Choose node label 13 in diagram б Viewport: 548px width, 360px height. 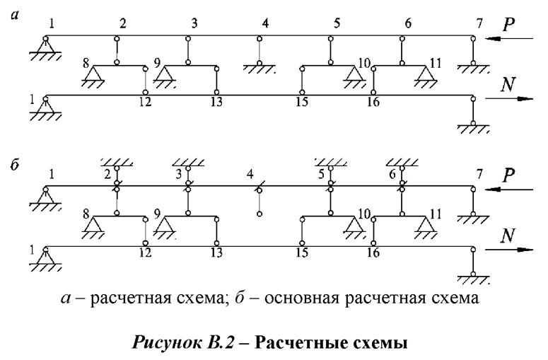[x=216, y=253]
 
